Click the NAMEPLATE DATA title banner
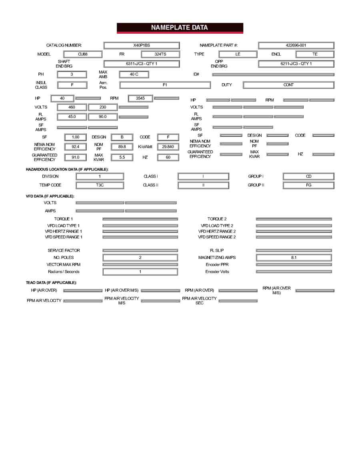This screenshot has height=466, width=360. [180, 28]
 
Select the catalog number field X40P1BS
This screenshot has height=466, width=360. [142, 46]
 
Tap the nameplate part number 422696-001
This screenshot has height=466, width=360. [296, 46]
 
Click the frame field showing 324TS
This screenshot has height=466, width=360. [160, 54]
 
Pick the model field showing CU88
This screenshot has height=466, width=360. [83, 54]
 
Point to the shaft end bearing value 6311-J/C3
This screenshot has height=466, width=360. [142, 64]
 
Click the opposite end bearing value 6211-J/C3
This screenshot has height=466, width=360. [296, 64]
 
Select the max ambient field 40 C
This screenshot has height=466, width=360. [134, 74]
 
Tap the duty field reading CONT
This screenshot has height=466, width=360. [288, 85]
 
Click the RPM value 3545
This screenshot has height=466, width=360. [140, 98]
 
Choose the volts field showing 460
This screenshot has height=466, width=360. [72, 107]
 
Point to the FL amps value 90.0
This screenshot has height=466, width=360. [103, 117]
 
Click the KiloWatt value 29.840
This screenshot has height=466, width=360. [168, 147]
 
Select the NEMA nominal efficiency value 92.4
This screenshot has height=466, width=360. [76, 147]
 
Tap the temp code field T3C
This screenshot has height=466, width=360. [100, 185]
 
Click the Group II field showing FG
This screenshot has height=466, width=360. [308, 185]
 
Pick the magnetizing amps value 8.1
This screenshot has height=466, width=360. [294, 258]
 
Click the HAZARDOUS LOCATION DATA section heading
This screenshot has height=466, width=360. [67, 170]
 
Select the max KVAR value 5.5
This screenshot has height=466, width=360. [122, 158]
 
